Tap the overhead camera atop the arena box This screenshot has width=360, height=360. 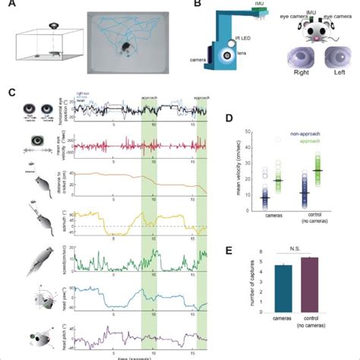click(52, 27)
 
